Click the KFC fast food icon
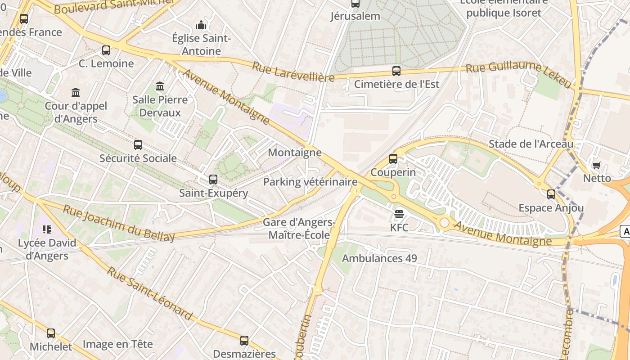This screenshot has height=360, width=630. [399, 214]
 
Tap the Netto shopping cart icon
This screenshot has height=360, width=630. [597, 165]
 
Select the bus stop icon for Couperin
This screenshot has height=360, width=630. [393, 158]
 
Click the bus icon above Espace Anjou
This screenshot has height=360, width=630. [551, 194]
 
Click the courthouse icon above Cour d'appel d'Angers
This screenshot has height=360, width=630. [76, 93]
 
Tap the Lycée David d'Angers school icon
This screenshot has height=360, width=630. [46, 229]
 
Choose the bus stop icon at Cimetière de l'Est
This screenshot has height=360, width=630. [396, 71]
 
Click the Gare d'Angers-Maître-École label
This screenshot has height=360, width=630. [299, 229]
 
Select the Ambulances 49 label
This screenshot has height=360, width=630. [379, 258]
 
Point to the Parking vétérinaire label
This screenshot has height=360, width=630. [310, 182]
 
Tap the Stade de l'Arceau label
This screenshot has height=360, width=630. [531, 144]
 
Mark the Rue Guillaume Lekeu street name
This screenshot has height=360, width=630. [518, 74]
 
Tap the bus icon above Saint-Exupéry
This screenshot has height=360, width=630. [213, 180]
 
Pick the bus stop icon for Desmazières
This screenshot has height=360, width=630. [244, 340]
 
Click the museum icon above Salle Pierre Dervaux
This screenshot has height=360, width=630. [160, 86]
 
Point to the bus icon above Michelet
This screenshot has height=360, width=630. [51, 333]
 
